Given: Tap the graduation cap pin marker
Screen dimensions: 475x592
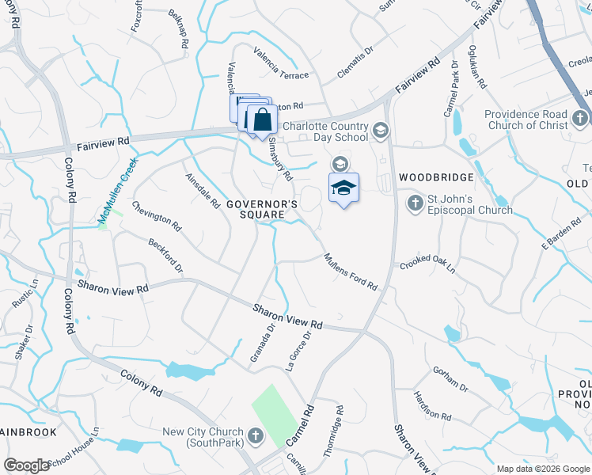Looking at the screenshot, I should pyautogui.click(x=343, y=188).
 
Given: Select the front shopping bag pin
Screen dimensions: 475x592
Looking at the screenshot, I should pyautogui.click(x=263, y=120).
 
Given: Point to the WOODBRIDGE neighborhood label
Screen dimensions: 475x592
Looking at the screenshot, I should pyautogui.click(x=436, y=177).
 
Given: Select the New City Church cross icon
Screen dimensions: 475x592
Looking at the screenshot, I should pyautogui.click(x=256, y=435).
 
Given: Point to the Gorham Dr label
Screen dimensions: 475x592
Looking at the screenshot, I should pyautogui.click(x=450, y=378).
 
